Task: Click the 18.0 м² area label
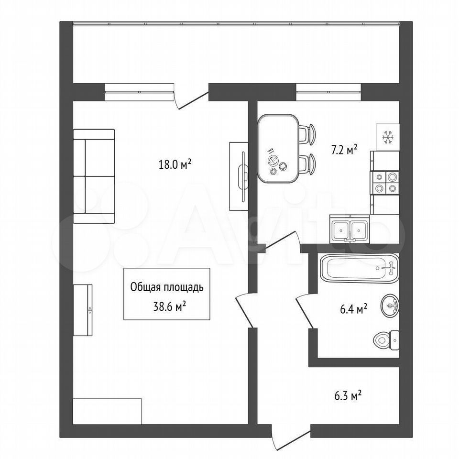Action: tap(175, 164)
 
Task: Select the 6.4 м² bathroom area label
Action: tap(354, 309)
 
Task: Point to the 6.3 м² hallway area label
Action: tap(348, 396)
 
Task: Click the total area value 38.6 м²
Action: tap(170, 306)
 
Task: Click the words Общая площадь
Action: tap(167, 287)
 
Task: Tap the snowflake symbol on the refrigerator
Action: tap(388, 137)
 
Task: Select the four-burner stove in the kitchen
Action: tap(385, 182)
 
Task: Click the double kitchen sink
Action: tap(350, 229)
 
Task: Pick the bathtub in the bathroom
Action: tap(360, 268)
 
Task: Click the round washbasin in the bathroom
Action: tap(390, 306)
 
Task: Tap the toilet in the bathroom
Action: tap(386, 339)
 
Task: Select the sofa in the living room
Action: tap(94, 176)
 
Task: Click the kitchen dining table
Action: tap(278, 149)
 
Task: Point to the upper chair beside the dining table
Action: tap(307, 134)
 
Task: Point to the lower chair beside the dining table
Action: tap(307, 164)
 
